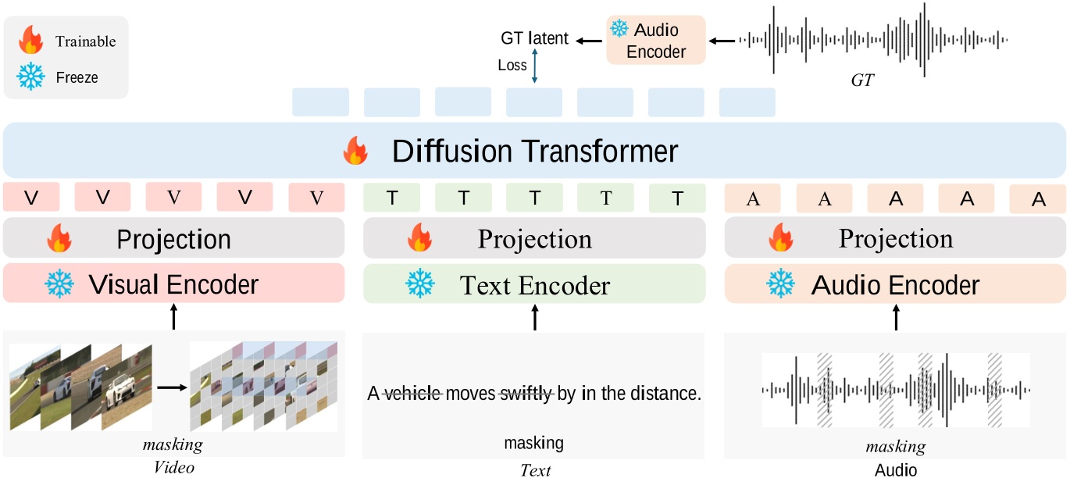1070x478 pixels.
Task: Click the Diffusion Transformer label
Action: coord(535,151)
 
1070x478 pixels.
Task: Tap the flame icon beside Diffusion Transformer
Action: coord(355,152)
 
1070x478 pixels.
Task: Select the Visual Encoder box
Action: coord(173,284)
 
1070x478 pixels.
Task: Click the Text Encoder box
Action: coord(534,285)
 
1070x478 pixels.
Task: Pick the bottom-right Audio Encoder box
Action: coord(895,284)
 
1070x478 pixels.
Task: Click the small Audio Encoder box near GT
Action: coord(655,41)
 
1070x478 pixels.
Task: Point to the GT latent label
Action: coord(534,38)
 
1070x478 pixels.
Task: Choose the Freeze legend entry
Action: coord(77,77)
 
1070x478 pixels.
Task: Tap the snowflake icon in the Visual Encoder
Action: coord(59,284)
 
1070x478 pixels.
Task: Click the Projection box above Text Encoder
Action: coord(534,238)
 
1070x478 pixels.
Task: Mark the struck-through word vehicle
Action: coord(413,394)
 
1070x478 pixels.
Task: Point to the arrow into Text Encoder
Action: coord(534,318)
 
